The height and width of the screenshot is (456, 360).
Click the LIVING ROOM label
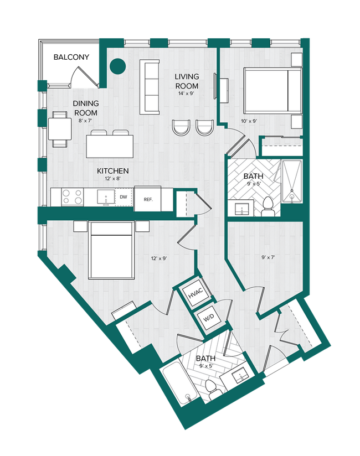[x=187, y=81]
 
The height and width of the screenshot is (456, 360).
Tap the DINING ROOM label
[x=86, y=108]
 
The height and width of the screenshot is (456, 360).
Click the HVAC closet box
[x=194, y=296]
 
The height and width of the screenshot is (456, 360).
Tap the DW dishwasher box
[x=123, y=196]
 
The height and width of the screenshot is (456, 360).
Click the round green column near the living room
[x=118, y=66]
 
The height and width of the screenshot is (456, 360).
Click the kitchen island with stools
[x=109, y=146]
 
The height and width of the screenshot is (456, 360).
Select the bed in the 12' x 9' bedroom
[x=111, y=250]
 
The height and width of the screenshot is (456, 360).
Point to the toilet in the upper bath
[x=266, y=205]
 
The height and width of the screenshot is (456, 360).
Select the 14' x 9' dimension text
[x=187, y=94]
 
